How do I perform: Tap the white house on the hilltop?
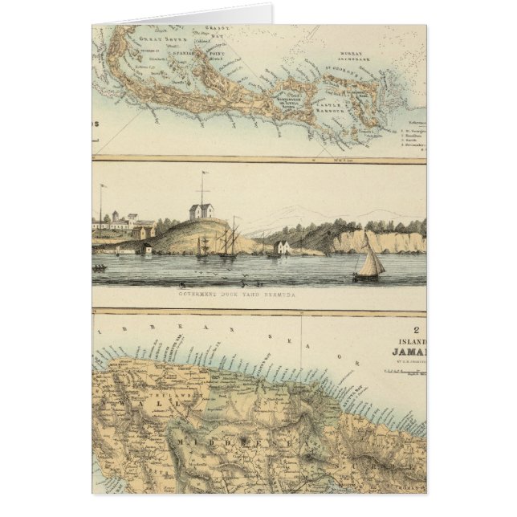(201, 211)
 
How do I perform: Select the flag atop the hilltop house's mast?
(206, 173)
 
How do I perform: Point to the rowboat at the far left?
(100, 267)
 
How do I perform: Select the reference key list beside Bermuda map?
(412, 136)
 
